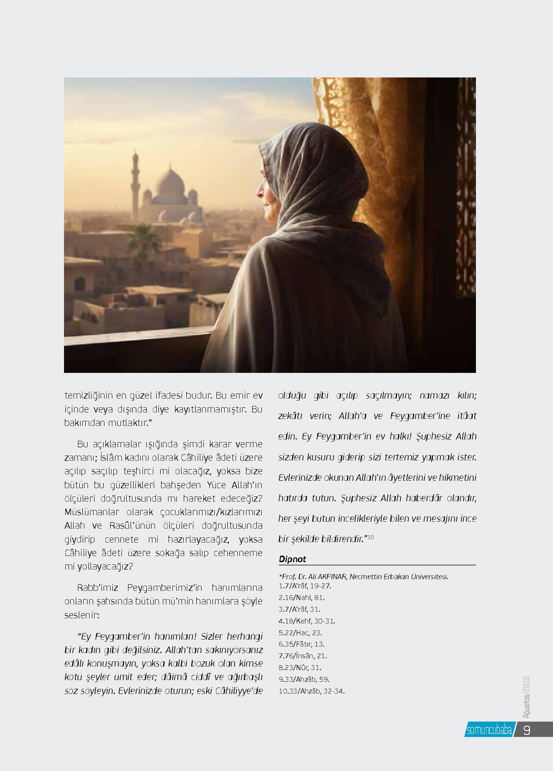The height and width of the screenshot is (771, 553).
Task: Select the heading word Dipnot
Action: (x=292, y=559)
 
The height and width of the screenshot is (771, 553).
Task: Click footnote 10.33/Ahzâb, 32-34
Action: (x=311, y=691)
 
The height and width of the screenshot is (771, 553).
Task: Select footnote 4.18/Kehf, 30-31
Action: (x=307, y=621)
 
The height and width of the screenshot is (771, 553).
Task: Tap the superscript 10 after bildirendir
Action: (x=371, y=538)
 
